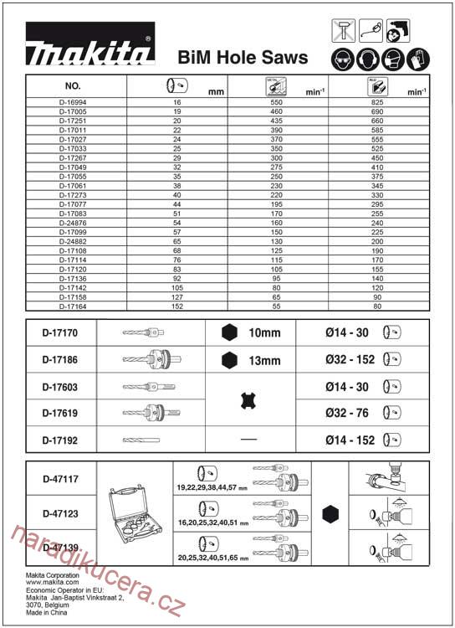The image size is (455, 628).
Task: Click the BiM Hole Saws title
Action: tap(243, 58)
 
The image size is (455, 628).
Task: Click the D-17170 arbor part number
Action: tap(60, 332)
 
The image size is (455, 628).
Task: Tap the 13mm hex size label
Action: tap(264, 361)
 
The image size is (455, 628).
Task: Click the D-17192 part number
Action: tap(60, 439)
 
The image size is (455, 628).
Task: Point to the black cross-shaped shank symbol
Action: tap(248, 400)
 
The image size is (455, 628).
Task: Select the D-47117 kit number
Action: tap(60, 480)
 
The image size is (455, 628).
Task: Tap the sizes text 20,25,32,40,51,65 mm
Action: tap(213, 555)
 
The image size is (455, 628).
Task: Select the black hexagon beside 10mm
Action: tap(228, 332)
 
